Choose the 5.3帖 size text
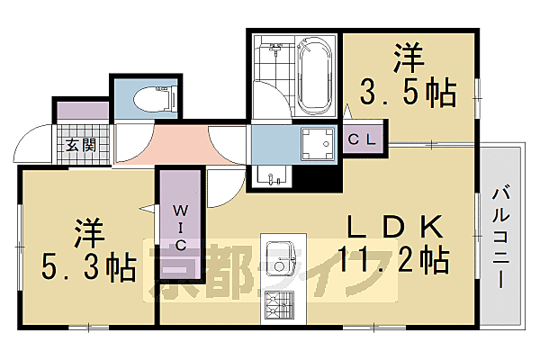pos(88,266)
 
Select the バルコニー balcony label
pos(501,237)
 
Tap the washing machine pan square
pos(316,142)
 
